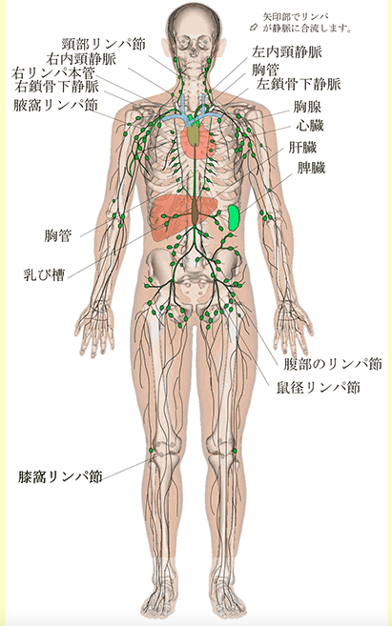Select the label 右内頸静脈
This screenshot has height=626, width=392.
(x=81, y=59)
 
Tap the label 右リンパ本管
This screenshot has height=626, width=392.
(x=53, y=73)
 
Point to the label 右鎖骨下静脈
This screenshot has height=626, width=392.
(x=56, y=86)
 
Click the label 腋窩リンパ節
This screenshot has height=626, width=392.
(x=55, y=106)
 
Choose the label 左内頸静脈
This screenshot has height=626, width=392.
(x=287, y=51)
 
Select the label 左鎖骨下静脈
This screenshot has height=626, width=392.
(x=299, y=84)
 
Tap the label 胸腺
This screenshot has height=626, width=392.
(x=307, y=107)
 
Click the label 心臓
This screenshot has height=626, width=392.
(x=310, y=126)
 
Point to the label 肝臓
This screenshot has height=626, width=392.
(x=303, y=148)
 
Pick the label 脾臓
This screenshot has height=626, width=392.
(x=311, y=168)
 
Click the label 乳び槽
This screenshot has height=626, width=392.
(x=45, y=275)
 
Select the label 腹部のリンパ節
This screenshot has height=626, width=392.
(x=333, y=364)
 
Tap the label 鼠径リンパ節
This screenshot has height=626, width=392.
(x=319, y=387)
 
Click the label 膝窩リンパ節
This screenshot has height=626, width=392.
(x=60, y=476)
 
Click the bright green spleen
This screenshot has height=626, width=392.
(x=234, y=217)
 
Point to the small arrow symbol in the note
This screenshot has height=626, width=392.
(x=254, y=27)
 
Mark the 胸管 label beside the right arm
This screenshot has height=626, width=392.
(x=58, y=236)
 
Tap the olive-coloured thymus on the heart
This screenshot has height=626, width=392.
(x=194, y=134)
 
